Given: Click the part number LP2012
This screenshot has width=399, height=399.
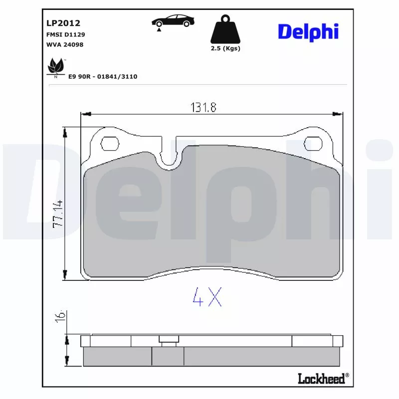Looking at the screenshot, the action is click(x=63, y=23).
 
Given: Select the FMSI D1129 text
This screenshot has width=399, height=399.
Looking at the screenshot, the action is click(x=66, y=34).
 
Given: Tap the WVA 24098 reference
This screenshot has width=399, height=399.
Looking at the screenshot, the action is click(x=65, y=44).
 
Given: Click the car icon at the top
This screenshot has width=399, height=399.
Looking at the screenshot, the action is click(x=173, y=21).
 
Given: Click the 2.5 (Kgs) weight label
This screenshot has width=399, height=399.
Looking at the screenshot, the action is click(x=225, y=48).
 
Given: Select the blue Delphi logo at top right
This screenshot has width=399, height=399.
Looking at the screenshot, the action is click(x=308, y=32).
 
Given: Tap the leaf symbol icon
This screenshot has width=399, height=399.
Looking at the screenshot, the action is click(x=56, y=67).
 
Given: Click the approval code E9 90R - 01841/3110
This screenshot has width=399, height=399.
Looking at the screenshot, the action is click(x=103, y=77).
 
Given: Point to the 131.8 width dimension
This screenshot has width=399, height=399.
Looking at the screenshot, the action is click(x=203, y=107).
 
